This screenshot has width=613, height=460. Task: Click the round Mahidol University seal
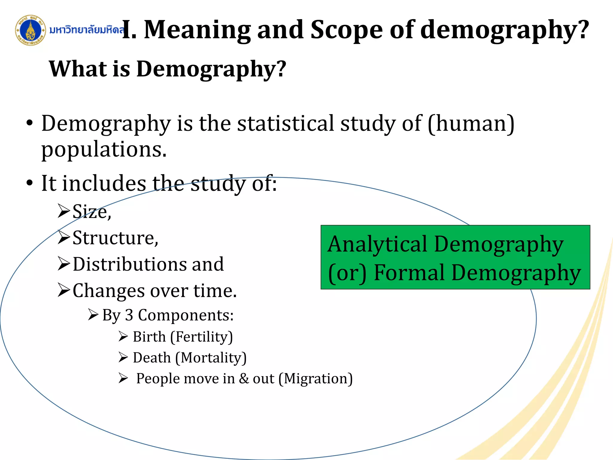coord(31,30)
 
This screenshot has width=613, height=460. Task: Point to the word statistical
coord(286,123)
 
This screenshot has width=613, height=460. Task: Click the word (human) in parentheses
coord(471,123)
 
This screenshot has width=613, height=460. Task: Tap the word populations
coord(104,150)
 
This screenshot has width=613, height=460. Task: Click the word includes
coord(104,183)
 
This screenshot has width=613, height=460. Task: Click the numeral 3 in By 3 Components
coord(129,315)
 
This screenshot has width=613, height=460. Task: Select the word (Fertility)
coord(201,337)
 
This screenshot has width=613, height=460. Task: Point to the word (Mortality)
coord(211,358)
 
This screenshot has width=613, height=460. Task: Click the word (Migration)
coord(315,379)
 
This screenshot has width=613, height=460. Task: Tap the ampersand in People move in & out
coord(244,379)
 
